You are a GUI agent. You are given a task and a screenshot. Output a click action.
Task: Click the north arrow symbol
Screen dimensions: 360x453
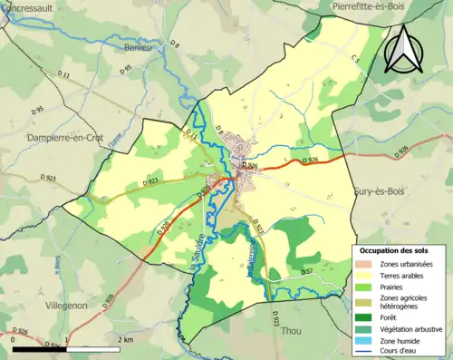pyautogui.click(x=403, y=49)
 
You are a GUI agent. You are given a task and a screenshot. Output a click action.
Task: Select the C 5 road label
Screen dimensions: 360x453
pyautogui.click(x=354, y=60)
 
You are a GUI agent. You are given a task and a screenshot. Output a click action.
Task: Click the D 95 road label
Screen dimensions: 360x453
pyautogui.click(x=126, y=68)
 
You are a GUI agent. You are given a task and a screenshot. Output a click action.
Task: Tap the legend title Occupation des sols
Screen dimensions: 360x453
pyautogui.click(x=396, y=249)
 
